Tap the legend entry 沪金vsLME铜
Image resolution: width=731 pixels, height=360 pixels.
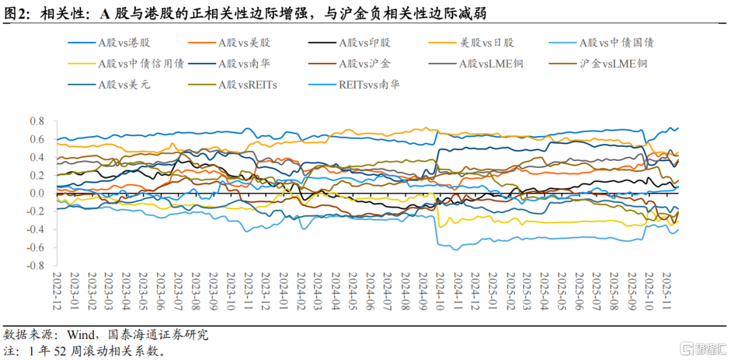[613, 64]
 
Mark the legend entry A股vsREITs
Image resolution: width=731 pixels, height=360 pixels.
[248, 85]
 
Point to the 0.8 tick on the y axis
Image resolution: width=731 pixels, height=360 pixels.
[37, 121]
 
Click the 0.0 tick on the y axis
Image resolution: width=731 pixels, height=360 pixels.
[37, 194]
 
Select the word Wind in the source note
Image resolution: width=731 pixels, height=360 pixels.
[80, 334]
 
